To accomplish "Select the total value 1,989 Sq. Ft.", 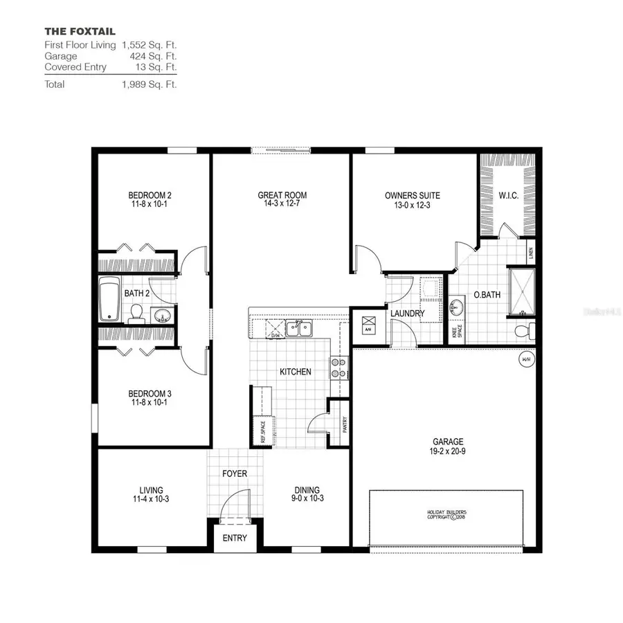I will point(150,84).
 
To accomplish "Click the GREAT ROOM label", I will point(282,195).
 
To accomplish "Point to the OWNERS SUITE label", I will point(413,195).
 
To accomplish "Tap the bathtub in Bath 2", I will point(109,299).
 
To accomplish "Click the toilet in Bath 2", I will point(136,314).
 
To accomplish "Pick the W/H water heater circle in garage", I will point(526,360).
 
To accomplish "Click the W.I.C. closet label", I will point(508,195).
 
